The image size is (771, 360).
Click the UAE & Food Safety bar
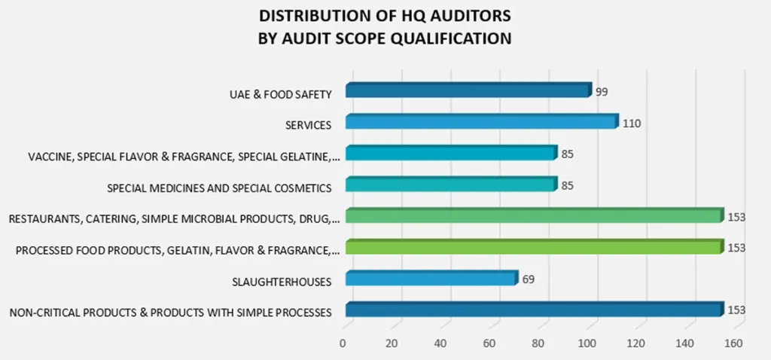pos(468,91)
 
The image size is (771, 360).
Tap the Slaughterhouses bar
pos(431,279)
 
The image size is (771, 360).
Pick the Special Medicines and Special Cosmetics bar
pos(450,185)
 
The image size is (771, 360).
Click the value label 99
pos(601,91)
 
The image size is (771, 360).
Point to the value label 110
pos(632,123)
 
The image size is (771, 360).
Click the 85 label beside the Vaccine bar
pos(568,154)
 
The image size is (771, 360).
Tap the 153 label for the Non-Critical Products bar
pos(736,310)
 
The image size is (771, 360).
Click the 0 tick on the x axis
pos(343,343)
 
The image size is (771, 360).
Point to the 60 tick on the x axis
pos(489,343)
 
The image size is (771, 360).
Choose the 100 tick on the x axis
pos(587,343)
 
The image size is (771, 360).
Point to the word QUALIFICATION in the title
pos(449,38)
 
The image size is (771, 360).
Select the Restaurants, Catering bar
pos(532,216)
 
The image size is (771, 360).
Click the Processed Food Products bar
pos(532,248)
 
